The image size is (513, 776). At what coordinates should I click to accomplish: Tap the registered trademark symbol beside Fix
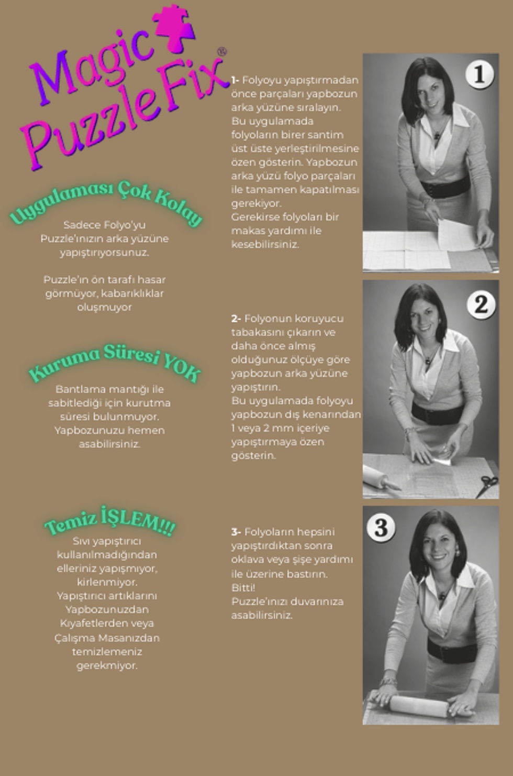click(x=221, y=52)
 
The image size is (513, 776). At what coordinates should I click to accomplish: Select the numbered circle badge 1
click(x=479, y=74)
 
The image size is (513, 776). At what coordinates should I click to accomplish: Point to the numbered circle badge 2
click(x=481, y=305)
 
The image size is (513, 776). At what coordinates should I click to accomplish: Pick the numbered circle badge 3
click(x=381, y=528)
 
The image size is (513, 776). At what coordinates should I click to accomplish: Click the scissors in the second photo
click(x=487, y=486)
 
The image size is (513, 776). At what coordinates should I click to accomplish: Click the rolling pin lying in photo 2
click(x=381, y=478)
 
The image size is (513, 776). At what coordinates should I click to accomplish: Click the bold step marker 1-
click(x=235, y=80)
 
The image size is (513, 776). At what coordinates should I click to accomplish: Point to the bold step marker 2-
click(x=236, y=319)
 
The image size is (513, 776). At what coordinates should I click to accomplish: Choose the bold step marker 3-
click(x=236, y=532)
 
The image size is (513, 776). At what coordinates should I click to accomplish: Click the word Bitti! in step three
click(x=243, y=587)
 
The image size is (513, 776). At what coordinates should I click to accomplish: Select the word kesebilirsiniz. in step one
click(x=265, y=244)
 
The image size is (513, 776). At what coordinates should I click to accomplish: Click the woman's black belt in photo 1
click(x=446, y=187)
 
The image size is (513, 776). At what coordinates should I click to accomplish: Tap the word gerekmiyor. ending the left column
click(x=107, y=666)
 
